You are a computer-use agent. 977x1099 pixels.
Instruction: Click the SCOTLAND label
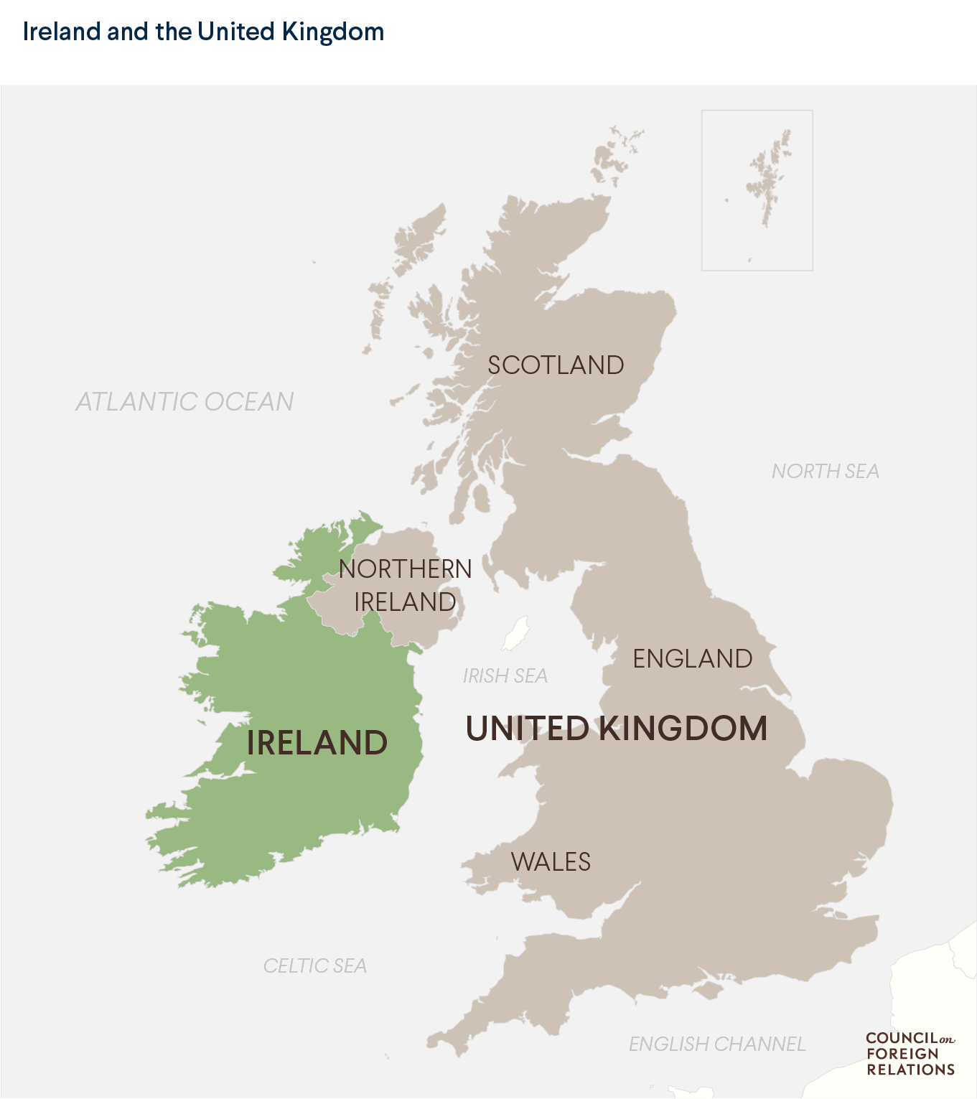coord(556,365)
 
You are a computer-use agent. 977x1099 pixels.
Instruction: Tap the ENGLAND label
coord(692,659)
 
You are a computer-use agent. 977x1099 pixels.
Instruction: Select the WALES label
coord(551,862)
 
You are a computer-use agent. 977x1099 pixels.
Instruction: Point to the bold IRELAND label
coord(317,743)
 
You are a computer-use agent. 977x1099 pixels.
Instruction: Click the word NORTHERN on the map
coord(405,569)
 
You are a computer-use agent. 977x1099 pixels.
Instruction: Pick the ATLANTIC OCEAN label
coord(185,402)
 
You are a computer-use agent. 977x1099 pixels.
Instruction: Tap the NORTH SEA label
coord(825,472)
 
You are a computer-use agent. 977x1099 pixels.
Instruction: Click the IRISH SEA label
coord(505,676)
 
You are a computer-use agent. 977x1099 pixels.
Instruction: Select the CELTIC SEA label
coord(314,966)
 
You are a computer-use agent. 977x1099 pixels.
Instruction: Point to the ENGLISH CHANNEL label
coord(716,1044)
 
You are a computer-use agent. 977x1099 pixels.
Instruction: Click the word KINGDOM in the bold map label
coord(683,729)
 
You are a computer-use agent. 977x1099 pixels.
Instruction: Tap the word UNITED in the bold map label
coord(528,729)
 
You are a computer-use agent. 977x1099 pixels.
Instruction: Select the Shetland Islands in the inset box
coord(768,179)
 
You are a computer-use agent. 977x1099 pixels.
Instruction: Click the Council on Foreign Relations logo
coord(910,1054)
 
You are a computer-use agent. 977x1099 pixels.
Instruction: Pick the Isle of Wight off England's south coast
coord(709,991)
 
